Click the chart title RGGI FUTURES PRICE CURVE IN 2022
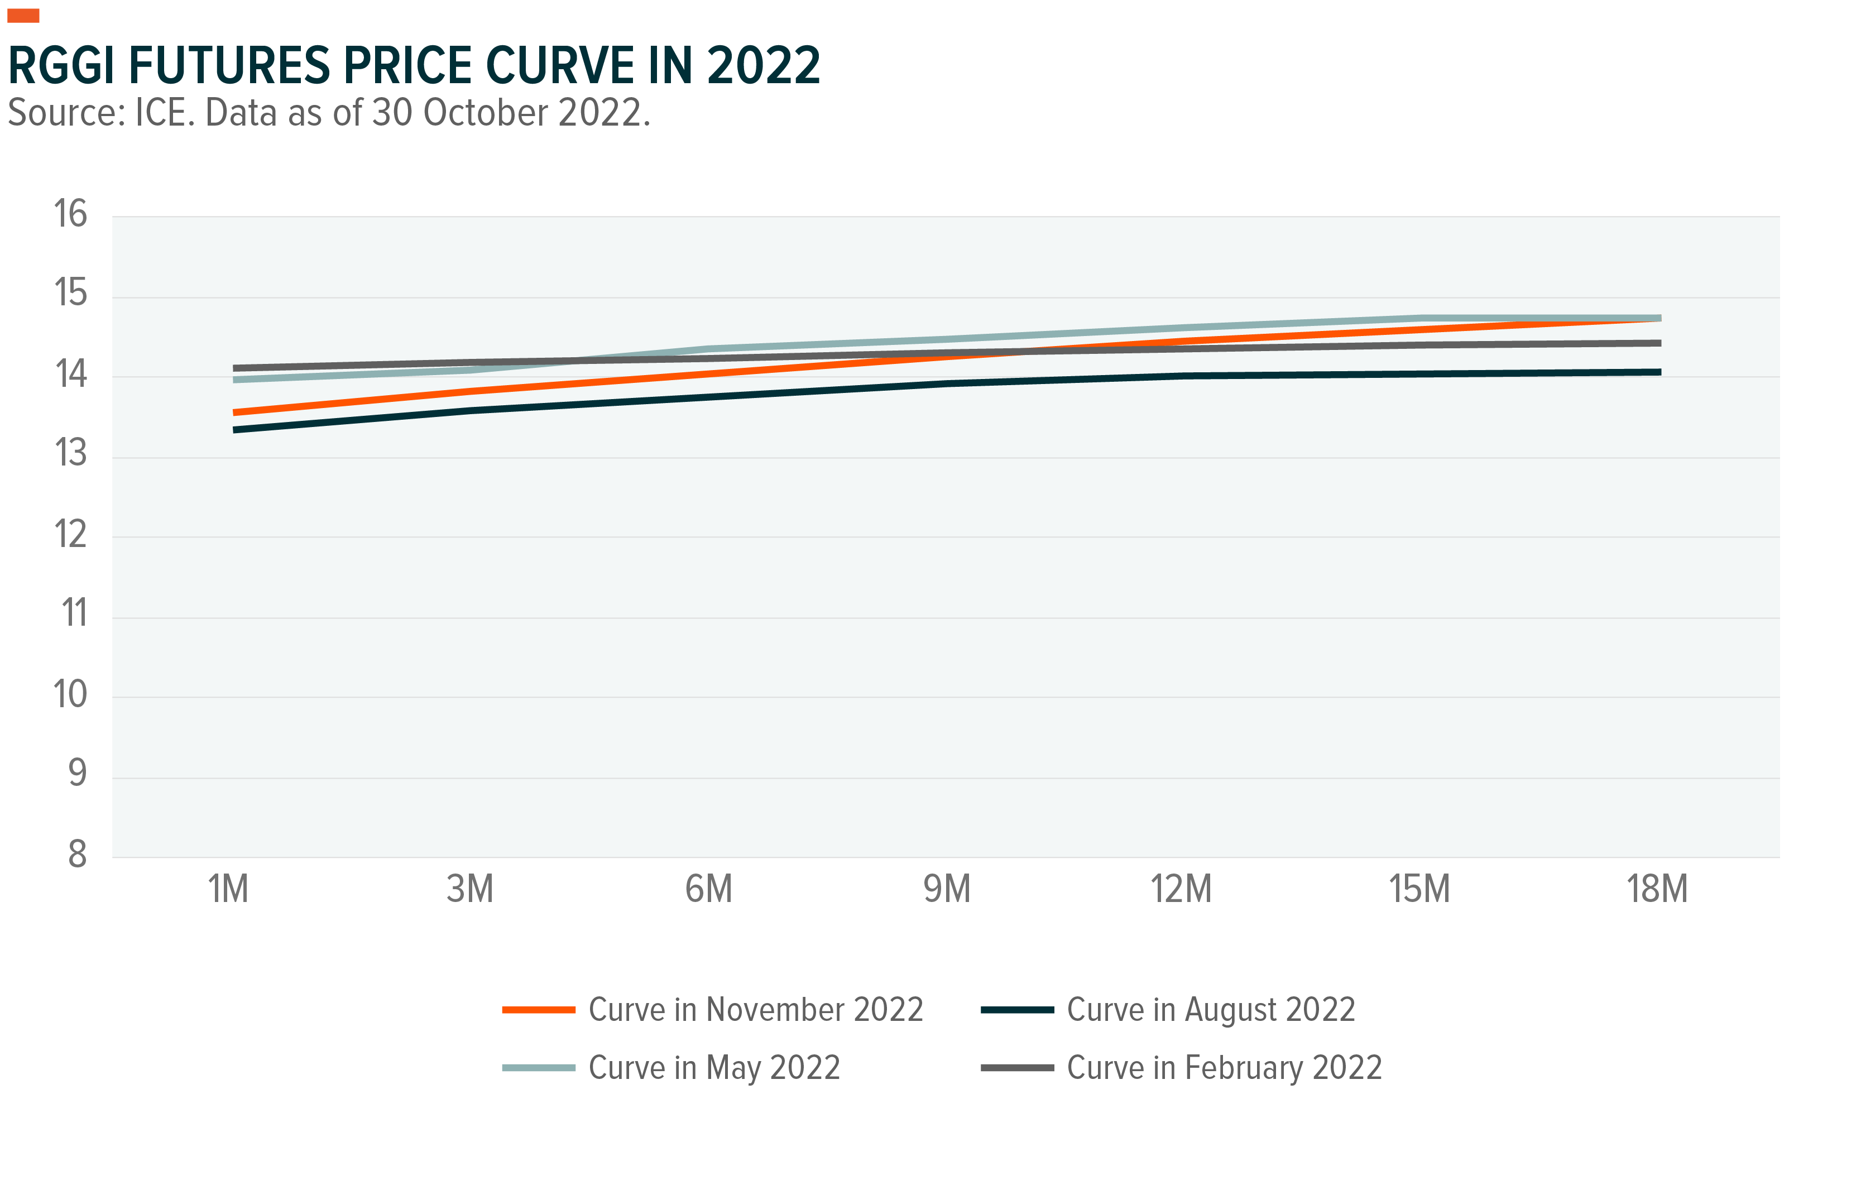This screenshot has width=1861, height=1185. pos(414,66)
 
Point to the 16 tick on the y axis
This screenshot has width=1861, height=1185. pos(70,214)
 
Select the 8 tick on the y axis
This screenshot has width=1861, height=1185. pos(77,854)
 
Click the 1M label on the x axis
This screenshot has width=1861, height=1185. pos(228,889)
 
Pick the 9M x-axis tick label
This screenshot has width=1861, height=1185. pos(947,889)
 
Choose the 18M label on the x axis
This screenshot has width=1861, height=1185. pos(1657,889)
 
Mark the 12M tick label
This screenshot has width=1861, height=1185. pos(1181,889)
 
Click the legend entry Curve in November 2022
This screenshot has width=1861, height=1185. pos(755,1010)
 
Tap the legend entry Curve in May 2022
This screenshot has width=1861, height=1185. pos(713,1068)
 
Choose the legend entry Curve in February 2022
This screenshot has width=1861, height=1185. pos(1224,1068)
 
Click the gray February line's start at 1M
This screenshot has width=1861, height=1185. pos(235,368)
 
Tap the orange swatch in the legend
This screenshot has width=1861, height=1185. pos(539,1010)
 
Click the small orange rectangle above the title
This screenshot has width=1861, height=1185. pos(23,16)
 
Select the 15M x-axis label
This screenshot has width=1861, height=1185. pos(1419,889)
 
